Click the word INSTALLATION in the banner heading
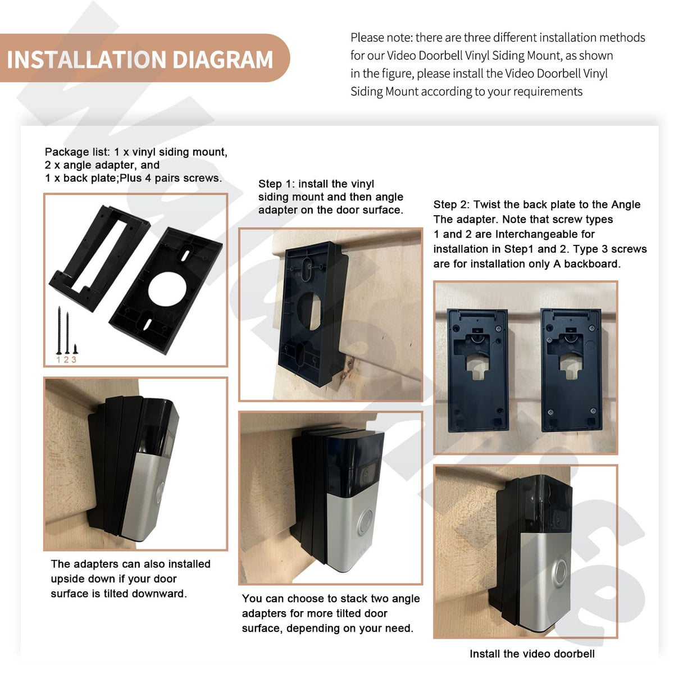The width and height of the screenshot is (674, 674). tap(86, 60)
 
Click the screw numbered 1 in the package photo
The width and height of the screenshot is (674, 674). tap(59, 330)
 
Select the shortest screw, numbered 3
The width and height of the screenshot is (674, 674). tap(75, 349)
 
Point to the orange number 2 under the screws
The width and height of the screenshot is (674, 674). tap(66, 359)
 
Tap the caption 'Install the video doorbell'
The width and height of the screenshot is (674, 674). tap(532, 654)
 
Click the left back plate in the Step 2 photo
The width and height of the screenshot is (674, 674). tap(478, 370)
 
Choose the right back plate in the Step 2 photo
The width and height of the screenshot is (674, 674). tap(572, 370)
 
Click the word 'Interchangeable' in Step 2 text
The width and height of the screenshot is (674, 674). tap(545, 234)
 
